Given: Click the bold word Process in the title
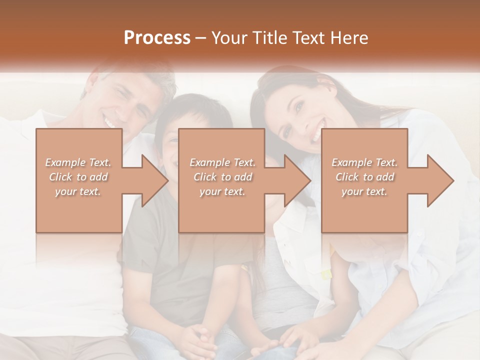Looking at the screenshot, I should tap(157, 38).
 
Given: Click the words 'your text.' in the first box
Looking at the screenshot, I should tap(78, 191).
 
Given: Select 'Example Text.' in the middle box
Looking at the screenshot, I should tap(222, 162).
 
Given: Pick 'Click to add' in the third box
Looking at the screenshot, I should tap(364, 177).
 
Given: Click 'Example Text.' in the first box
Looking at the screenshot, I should tap(78, 162).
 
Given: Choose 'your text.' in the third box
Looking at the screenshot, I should tap(364, 191).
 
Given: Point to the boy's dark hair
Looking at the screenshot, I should tap(195, 112).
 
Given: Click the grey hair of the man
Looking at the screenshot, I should tap(145, 80).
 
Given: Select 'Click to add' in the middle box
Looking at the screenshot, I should tap(222, 177).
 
